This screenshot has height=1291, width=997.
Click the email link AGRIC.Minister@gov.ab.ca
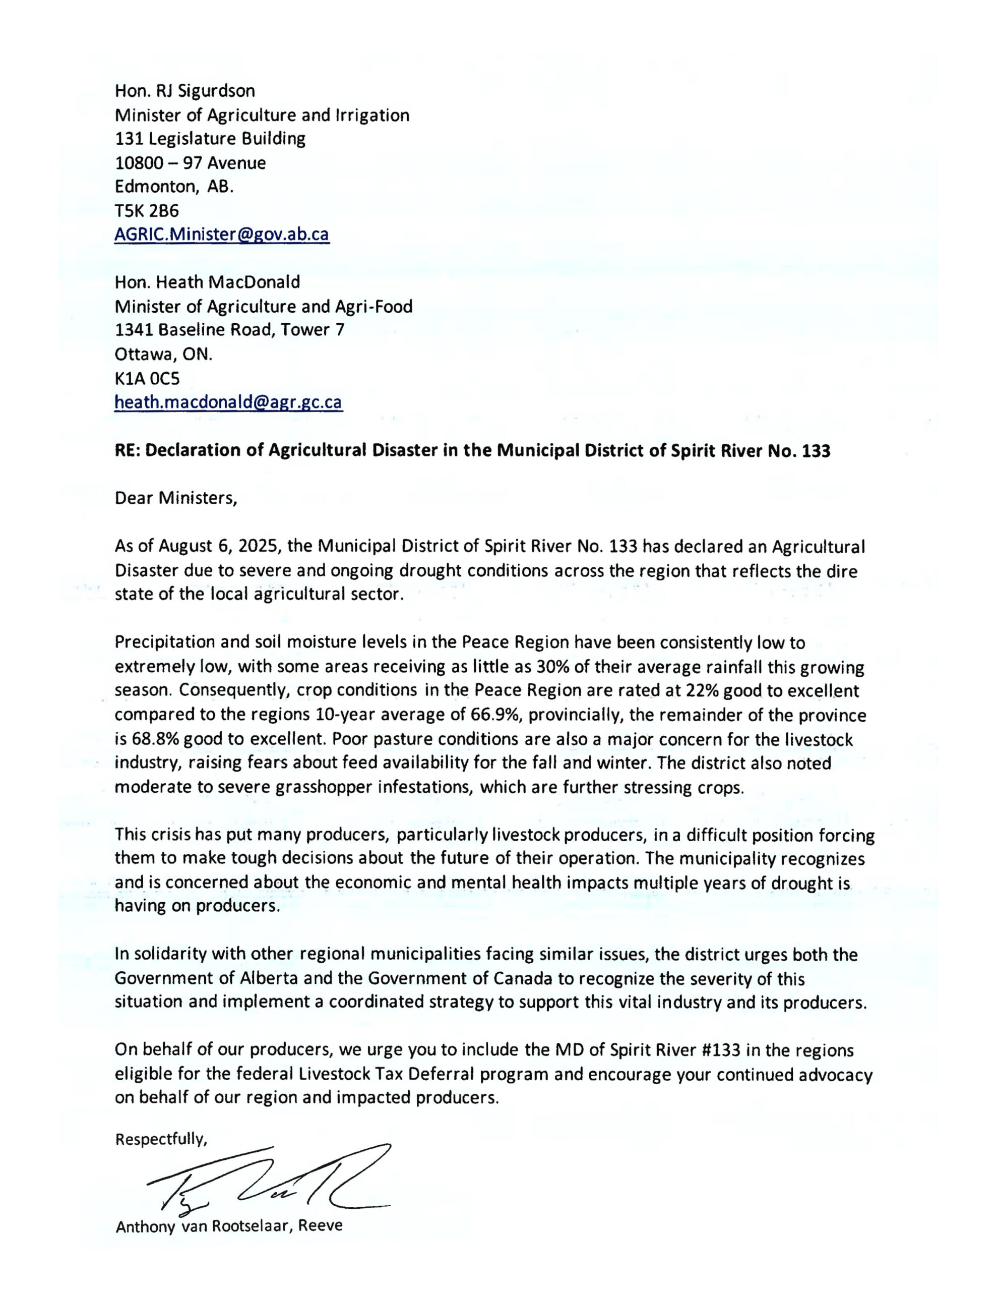coord(222,234)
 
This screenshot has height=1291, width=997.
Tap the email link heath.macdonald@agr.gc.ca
coord(228,402)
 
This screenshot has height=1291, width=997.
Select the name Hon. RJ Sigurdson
coord(185,91)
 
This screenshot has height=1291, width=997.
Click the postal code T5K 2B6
coord(147,210)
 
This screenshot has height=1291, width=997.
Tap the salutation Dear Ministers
coord(175,498)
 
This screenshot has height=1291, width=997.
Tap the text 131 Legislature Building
coord(210,139)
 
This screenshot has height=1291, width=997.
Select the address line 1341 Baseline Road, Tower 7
coord(229,330)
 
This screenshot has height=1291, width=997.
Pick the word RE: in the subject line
coord(127,450)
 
